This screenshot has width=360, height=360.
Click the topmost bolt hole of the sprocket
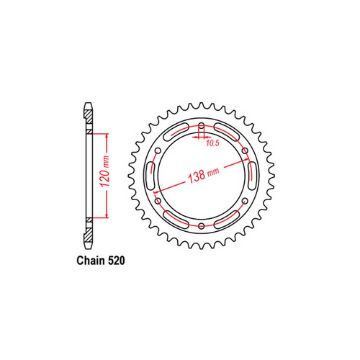pyautogui.click(x=199, y=128)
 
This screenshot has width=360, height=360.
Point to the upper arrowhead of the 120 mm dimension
pyautogui.click(x=107, y=135)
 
